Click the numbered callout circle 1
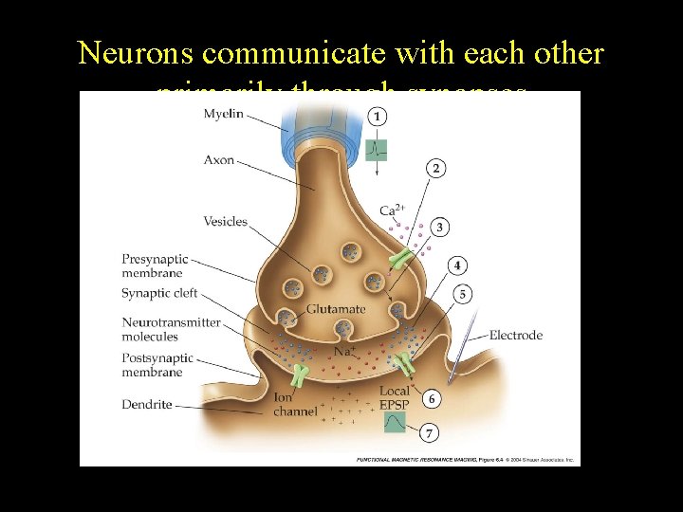point(378,117)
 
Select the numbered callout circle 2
point(435,168)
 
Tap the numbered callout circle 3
point(441,227)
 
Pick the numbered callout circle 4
point(458,265)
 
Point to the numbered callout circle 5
point(463,294)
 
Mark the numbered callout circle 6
point(432,398)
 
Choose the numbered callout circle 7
point(430,432)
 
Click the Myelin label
point(224,115)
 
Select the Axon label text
point(219,160)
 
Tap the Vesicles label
point(225,222)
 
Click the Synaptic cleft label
point(159,294)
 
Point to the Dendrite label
point(147,405)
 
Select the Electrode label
point(516,335)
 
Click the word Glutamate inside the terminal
point(336,309)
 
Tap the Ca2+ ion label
point(390,210)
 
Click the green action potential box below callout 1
point(378,149)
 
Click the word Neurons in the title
point(136,53)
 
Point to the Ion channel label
point(295,405)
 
